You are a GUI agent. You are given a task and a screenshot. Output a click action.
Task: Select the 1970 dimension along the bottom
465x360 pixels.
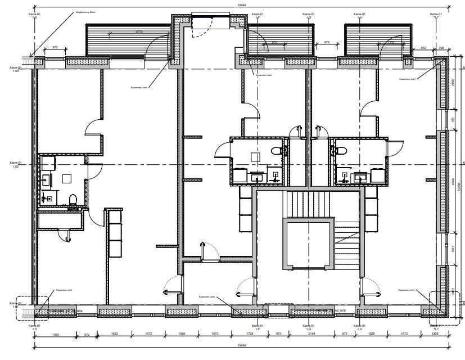coord(55,335)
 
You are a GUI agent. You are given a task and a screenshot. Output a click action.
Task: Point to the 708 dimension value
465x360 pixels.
coord(441,49)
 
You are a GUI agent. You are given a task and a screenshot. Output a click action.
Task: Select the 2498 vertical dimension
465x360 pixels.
coord(453,84)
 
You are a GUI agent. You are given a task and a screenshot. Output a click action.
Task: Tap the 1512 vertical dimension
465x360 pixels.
coord(453,251)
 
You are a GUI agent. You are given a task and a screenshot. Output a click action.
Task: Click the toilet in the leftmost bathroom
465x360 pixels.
coord(72,199)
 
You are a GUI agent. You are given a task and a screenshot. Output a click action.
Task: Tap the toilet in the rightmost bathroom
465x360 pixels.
coord(340,151)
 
